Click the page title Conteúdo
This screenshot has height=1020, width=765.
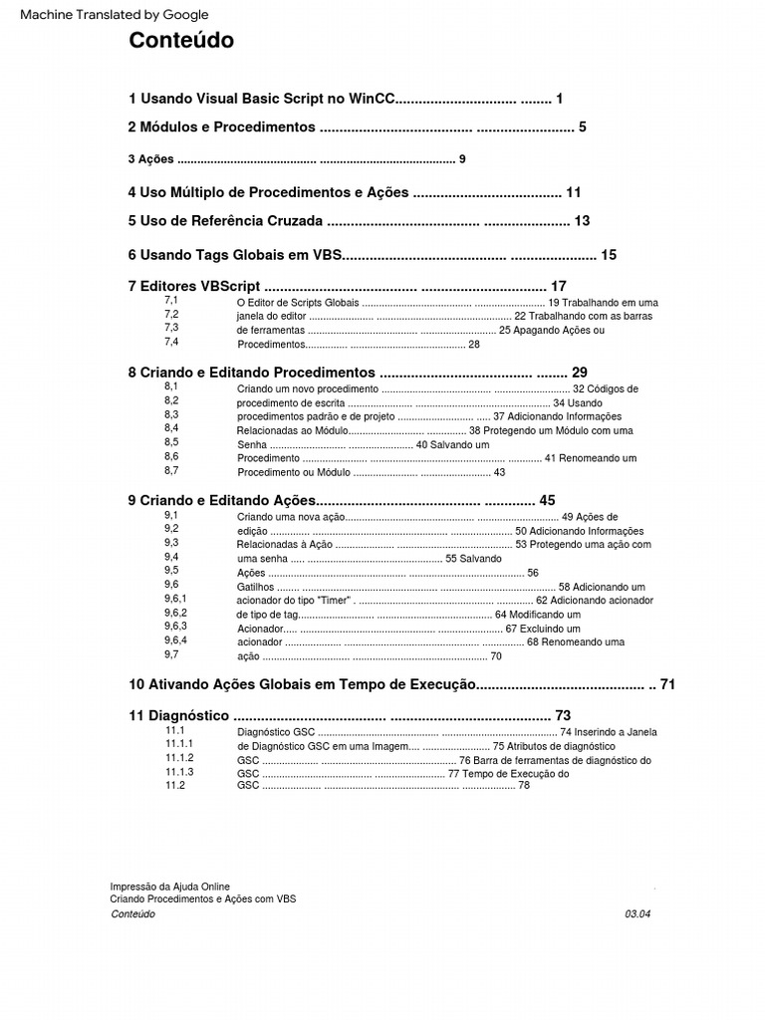[181, 41]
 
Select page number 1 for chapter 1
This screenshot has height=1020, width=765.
[560, 99]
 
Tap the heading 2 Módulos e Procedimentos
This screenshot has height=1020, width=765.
[221, 127]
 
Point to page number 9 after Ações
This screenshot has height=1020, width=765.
[462, 159]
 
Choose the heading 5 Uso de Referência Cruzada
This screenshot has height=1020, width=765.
[225, 220]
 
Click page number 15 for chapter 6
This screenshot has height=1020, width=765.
[609, 255]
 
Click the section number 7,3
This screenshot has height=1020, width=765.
[171, 328]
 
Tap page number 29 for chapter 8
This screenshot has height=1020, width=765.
[580, 372]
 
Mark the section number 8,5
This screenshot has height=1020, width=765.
[171, 442]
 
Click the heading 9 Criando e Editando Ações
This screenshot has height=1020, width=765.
[221, 500]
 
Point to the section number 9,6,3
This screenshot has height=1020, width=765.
[176, 627]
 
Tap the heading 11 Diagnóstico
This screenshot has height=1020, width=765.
[179, 715]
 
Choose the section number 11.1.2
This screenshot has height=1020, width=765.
[179, 758]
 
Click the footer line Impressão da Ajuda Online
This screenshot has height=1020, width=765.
[170, 886]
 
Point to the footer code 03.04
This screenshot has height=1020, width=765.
[637, 913]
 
